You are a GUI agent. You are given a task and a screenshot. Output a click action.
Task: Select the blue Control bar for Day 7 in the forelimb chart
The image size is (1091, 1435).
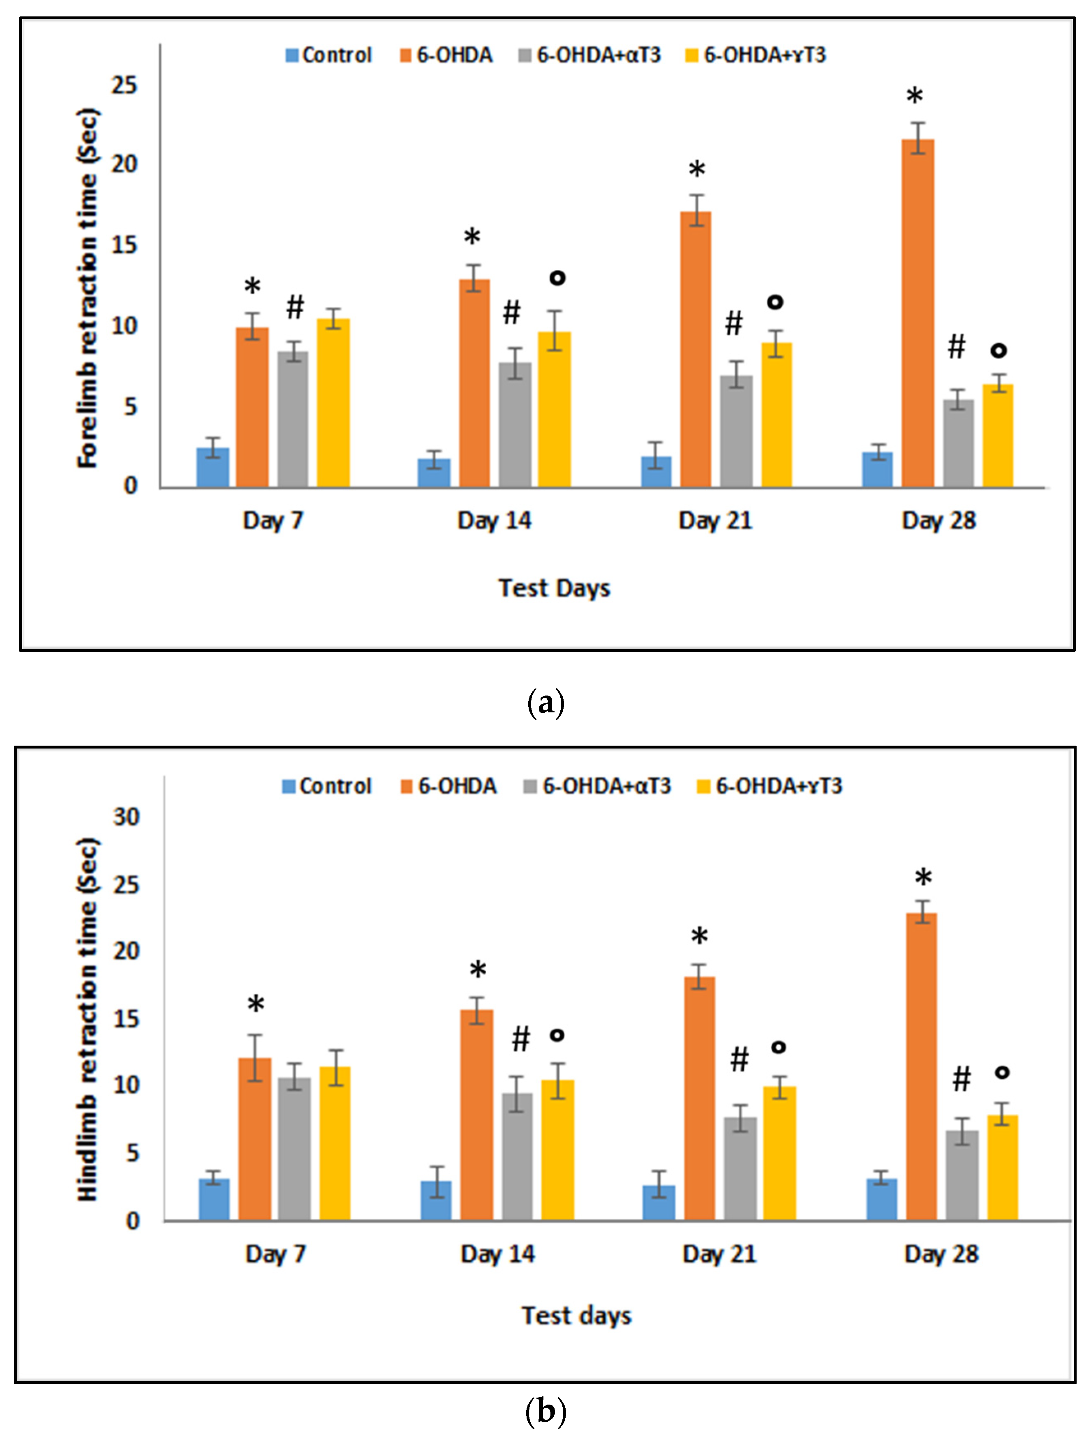[x=213, y=467]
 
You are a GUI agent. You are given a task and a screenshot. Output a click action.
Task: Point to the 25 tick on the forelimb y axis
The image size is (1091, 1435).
[x=124, y=85]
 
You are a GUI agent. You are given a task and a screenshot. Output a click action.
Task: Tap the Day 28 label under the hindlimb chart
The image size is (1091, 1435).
[x=941, y=1254]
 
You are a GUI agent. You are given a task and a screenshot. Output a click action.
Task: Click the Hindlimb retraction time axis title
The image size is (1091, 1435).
[x=88, y=1019]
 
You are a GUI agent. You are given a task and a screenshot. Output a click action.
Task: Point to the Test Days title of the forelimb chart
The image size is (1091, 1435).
[x=554, y=588]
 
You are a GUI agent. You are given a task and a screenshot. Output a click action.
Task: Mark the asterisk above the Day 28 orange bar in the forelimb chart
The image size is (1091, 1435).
[x=914, y=97]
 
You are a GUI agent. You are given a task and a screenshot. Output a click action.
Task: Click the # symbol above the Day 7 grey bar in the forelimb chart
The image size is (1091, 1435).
[x=295, y=306]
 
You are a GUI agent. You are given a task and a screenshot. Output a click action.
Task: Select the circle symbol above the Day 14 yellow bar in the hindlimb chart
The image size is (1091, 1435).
[x=557, y=1034]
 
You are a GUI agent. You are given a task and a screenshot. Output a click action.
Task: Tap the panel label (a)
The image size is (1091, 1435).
[x=545, y=703]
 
